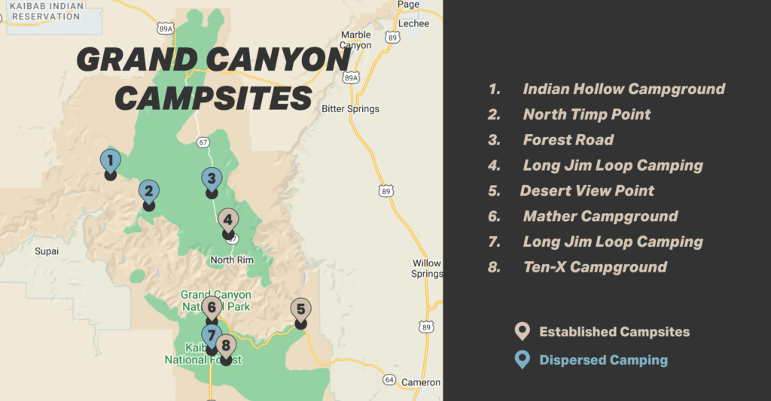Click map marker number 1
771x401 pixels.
[x=110, y=161]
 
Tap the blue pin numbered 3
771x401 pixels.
[x=212, y=179]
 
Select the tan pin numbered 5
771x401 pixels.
[x=300, y=309]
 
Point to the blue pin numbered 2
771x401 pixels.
[x=149, y=192]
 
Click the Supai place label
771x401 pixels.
[x=47, y=251]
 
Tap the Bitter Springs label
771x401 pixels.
[x=350, y=109]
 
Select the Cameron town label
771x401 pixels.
[x=422, y=383]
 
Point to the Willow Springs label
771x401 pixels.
[x=427, y=269]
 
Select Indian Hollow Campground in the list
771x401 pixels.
[x=623, y=89]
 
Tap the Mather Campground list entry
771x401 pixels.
[x=600, y=217]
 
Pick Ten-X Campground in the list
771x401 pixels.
[x=595, y=267]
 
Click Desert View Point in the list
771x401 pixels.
[x=587, y=191]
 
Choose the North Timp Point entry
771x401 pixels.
[x=587, y=114]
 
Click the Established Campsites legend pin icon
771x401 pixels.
[x=521, y=332]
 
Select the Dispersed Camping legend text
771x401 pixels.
[x=603, y=360]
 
